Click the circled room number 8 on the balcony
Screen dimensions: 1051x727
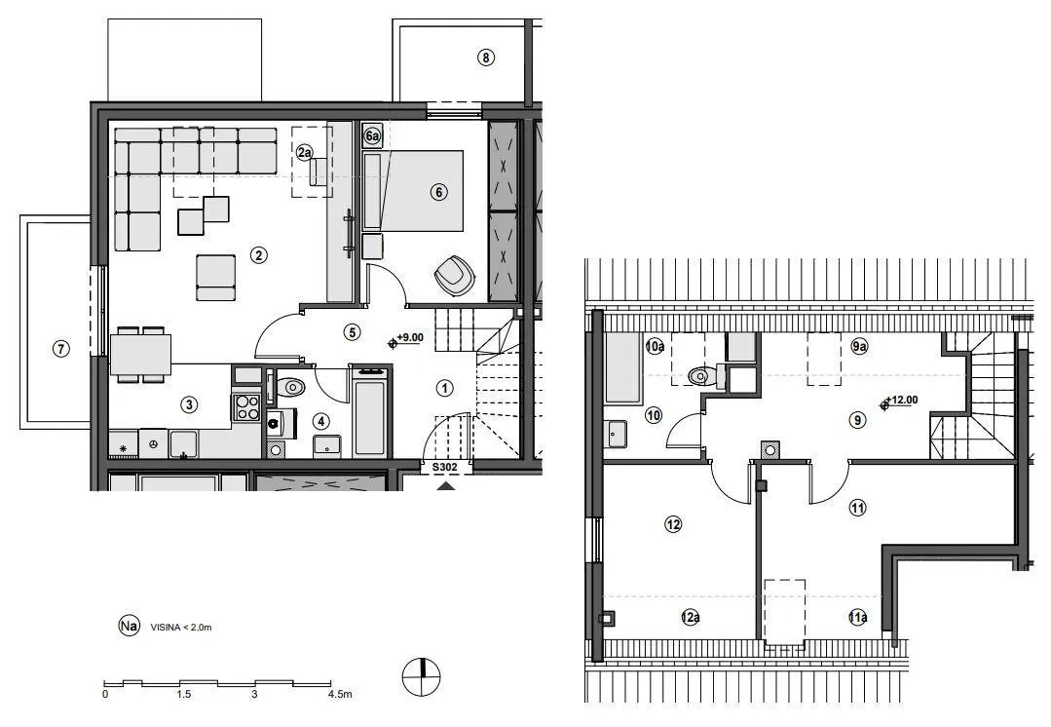point(486,57)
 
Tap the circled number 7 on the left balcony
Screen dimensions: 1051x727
point(61,349)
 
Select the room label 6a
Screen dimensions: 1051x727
point(373,136)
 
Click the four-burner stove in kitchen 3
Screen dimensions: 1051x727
point(245,407)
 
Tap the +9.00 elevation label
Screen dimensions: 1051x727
point(410,337)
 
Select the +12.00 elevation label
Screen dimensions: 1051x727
point(902,400)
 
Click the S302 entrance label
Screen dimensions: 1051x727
point(444,467)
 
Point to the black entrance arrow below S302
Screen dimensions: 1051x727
point(446,485)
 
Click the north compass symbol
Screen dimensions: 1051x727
point(422,676)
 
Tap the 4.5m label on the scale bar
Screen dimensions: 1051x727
point(340,694)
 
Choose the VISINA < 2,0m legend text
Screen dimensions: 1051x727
point(181,628)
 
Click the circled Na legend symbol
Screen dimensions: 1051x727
point(129,627)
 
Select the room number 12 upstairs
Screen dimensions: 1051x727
point(674,523)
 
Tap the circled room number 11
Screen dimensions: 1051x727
point(857,508)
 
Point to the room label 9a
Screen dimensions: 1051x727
point(859,346)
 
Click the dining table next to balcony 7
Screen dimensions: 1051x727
point(140,355)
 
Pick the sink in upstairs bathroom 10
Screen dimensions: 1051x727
point(616,434)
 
